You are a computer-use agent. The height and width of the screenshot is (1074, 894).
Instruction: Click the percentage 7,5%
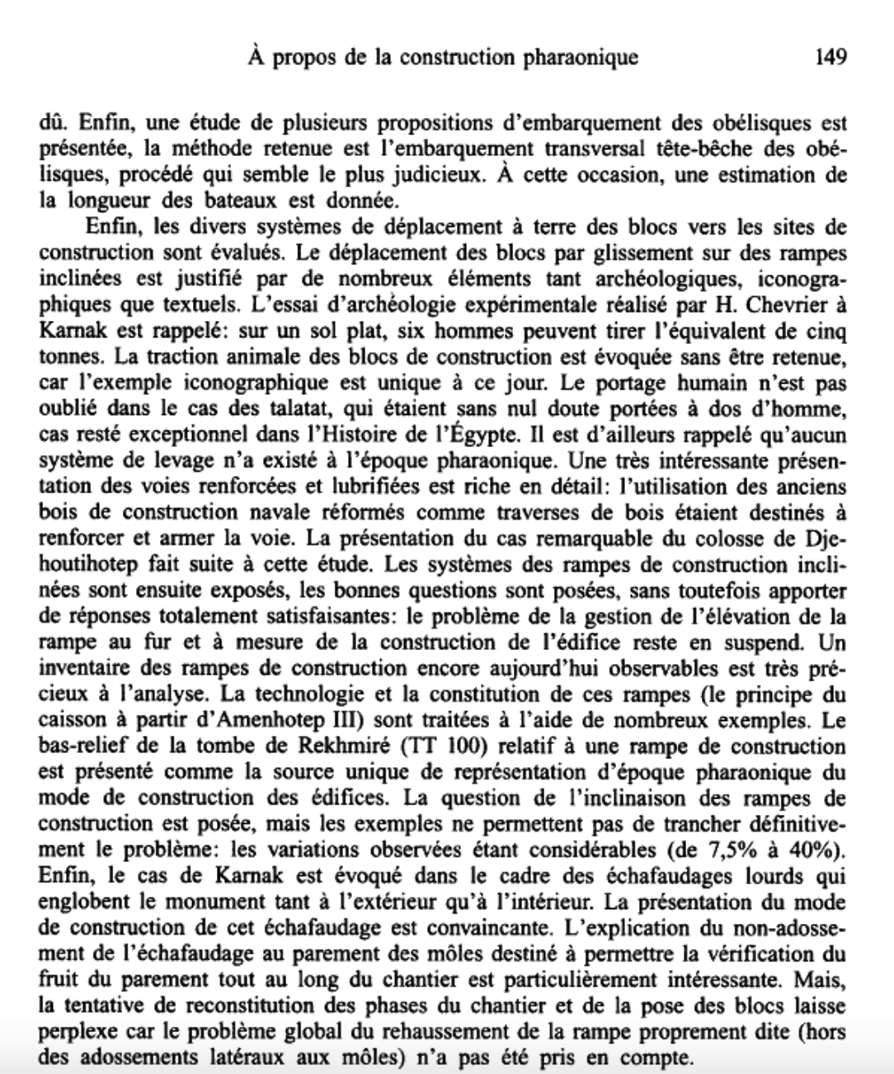point(728,852)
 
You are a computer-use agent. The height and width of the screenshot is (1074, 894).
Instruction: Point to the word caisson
point(73,721)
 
